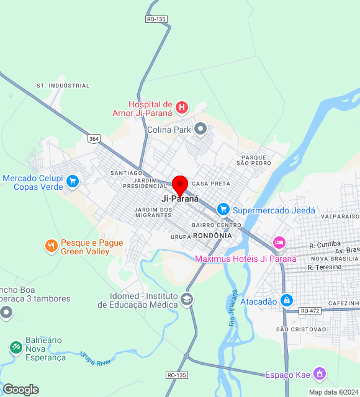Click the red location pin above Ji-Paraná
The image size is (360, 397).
click(x=180, y=185)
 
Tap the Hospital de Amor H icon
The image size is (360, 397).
click(x=182, y=108)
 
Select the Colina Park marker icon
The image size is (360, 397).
click(x=200, y=129)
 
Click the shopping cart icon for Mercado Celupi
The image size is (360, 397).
click(x=73, y=181)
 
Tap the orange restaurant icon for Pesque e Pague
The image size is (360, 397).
click(x=51, y=246)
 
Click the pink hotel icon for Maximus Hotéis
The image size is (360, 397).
click(x=279, y=242)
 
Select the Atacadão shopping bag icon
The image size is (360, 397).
click(x=286, y=301)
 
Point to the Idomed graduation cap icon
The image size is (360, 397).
click(x=186, y=300)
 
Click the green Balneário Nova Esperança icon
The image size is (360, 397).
click(x=16, y=348)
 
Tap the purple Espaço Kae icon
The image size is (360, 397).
click(x=319, y=373)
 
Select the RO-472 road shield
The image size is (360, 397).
click(x=310, y=310)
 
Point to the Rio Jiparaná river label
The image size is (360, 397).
click(x=234, y=308)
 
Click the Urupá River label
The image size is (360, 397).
click(x=96, y=359)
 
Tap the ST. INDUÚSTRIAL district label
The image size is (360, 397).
click(x=63, y=86)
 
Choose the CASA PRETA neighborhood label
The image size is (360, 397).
click(x=211, y=184)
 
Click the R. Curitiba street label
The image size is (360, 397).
click(x=325, y=245)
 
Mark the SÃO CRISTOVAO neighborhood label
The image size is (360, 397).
click(x=300, y=329)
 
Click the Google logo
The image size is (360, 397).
click(x=20, y=390)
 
